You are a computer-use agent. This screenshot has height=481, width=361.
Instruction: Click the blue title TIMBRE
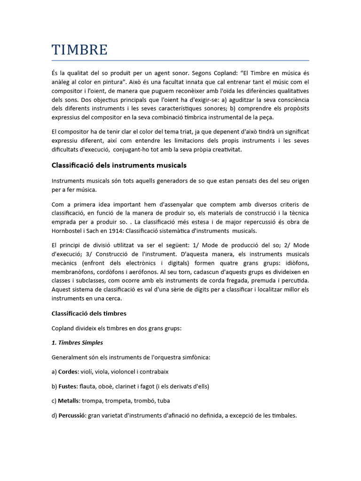pyautogui.click(x=79, y=49)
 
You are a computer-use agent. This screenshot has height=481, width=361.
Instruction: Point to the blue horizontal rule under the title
pyautogui.click(x=180, y=61)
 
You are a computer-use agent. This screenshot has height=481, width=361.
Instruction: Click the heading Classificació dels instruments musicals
pyautogui.click(x=118, y=165)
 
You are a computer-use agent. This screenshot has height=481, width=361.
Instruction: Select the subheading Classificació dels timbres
pyautogui.click(x=89, y=313)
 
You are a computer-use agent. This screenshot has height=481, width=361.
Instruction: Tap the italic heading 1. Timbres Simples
pyautogui.click(x=77, y=342)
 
